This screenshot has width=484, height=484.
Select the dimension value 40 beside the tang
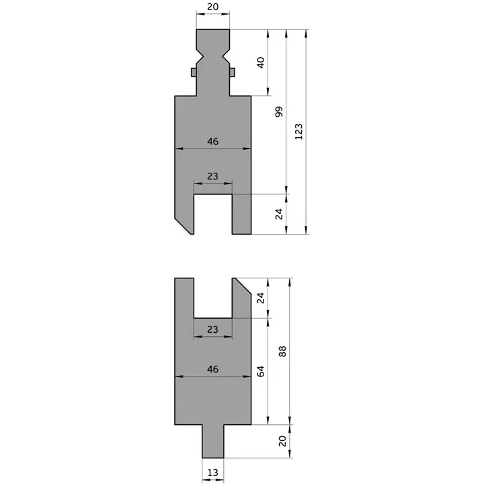click(261, 63)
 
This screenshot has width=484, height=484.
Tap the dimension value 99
click(280, 112)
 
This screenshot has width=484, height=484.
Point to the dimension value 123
click(299, 132)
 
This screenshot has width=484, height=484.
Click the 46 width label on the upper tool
click(212, 142)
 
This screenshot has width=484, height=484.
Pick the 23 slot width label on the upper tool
click(212, 176)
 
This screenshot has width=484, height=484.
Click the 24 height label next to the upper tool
click(280, 214)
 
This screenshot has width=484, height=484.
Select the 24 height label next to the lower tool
click(261, 297)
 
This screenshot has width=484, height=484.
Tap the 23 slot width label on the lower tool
click(212, 330)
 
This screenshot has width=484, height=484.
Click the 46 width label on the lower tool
click(212, 370)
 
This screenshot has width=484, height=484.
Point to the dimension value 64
click(261, 372)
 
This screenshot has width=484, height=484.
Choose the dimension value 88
click(282, 351)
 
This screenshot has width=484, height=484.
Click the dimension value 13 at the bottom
click(212, 473)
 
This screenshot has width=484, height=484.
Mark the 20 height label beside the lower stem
click(282, 441)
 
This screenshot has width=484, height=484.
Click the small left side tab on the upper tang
click(194, 72)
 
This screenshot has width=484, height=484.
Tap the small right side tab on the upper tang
click(232, 72)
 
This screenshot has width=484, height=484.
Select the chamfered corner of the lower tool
click(241, 287)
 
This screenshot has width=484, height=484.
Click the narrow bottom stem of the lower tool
click(212, 441)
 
